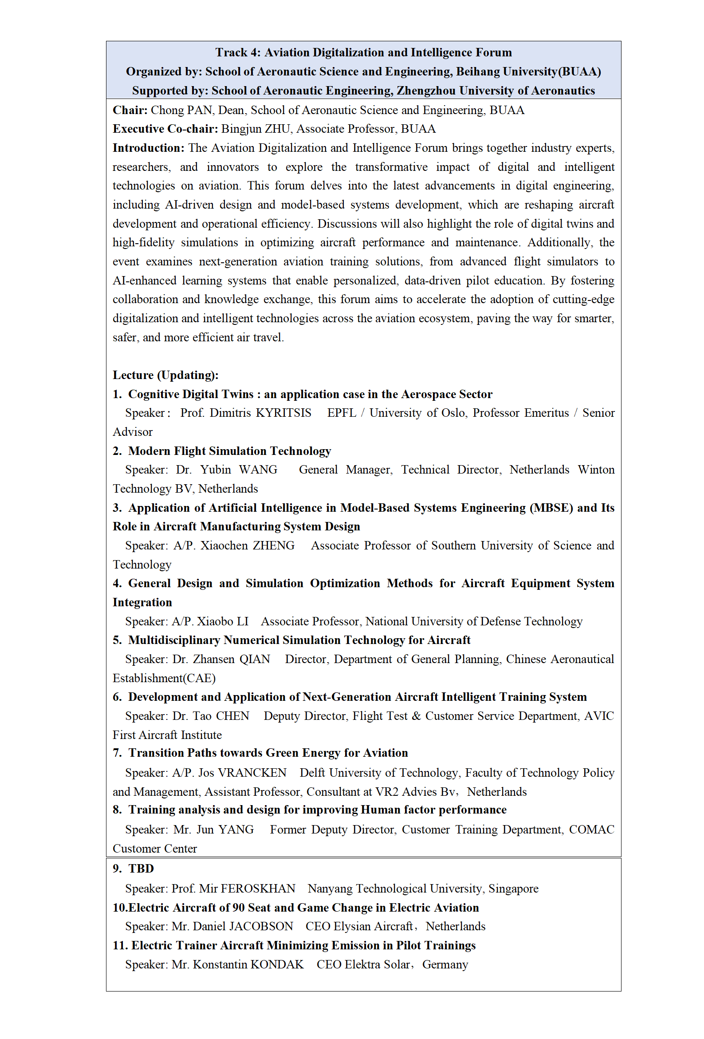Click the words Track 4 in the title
pyautogui.click(x=237, y=52)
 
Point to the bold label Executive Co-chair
pyautogui.click(x=165, y=129)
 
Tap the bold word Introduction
pyautogui.click(x=148, y=148)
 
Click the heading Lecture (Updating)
pyautogui.click(x=165, y=375)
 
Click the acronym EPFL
pyautogui.click(x=342, y=413)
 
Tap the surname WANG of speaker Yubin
pyautogui.click(x=258, y=470)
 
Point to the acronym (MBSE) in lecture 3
pyautogui.click(x=551, y=508)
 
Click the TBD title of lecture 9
pyautogui.click(x=141, y=869)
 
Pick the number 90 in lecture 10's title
pyautogui.click(x=238, y=908)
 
